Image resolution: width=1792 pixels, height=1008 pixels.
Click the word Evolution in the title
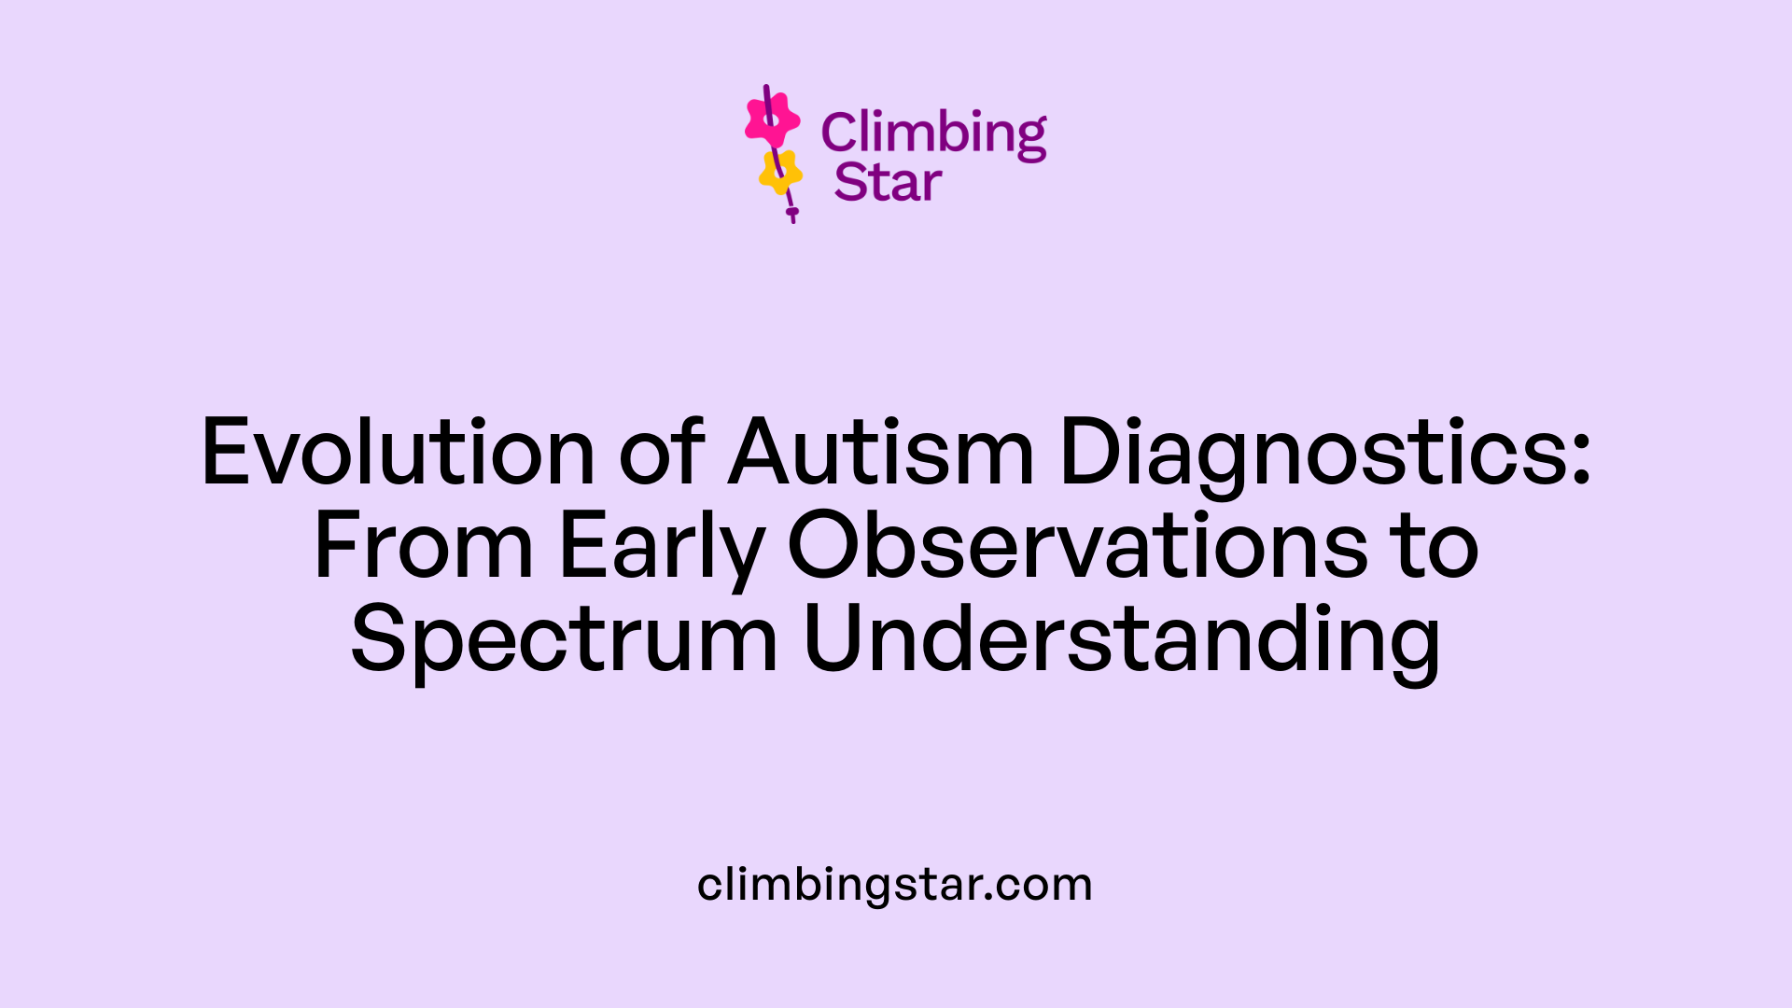(x=398, y=453)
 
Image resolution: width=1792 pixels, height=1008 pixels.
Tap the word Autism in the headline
(x=881, y=453)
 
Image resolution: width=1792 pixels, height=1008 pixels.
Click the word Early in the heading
(x=661, y=548)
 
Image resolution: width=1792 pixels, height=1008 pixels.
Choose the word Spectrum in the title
(x=564, y=641)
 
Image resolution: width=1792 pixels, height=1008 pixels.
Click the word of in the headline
(x=662, y=453)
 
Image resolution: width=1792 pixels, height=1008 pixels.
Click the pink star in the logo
(x=772, y=119)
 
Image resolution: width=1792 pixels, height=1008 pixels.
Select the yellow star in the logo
(x=780, y=172)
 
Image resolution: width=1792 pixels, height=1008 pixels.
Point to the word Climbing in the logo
(x=933, y=133)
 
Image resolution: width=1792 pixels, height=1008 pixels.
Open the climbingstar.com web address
(x=895, y=884)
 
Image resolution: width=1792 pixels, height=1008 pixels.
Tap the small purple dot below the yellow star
(x=792, y=213)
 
